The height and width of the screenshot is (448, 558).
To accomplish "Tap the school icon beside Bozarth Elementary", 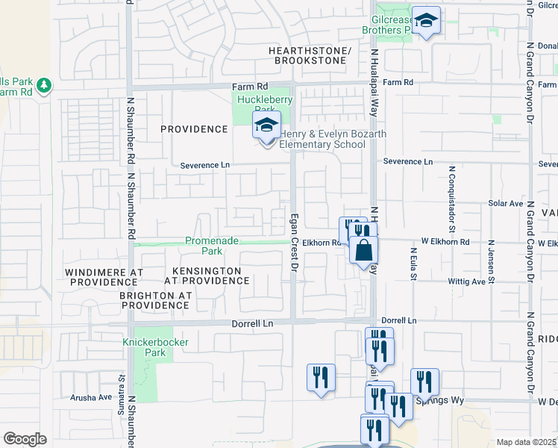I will [x=266, y=127].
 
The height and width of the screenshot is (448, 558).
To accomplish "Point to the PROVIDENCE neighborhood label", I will [x=194, y=129].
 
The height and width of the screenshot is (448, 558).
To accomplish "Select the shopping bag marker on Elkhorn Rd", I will [x=363, y=250].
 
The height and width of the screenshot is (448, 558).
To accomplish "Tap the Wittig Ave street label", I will [x=468, y=282].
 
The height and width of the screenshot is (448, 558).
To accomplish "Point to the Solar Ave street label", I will [x=506, y=203].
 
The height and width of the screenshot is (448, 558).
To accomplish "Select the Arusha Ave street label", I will [x=90, y=397].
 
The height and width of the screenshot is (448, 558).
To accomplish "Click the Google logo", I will [x=25, y=439].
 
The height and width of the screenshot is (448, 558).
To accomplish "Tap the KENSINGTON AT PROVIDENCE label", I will [x=207, y=276].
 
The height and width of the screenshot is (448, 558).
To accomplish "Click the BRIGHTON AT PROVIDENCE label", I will [x=155, y=301].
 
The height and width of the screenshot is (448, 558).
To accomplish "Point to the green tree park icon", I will [x=44, y=86].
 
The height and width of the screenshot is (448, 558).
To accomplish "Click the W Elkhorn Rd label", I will [x=445, y=242].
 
